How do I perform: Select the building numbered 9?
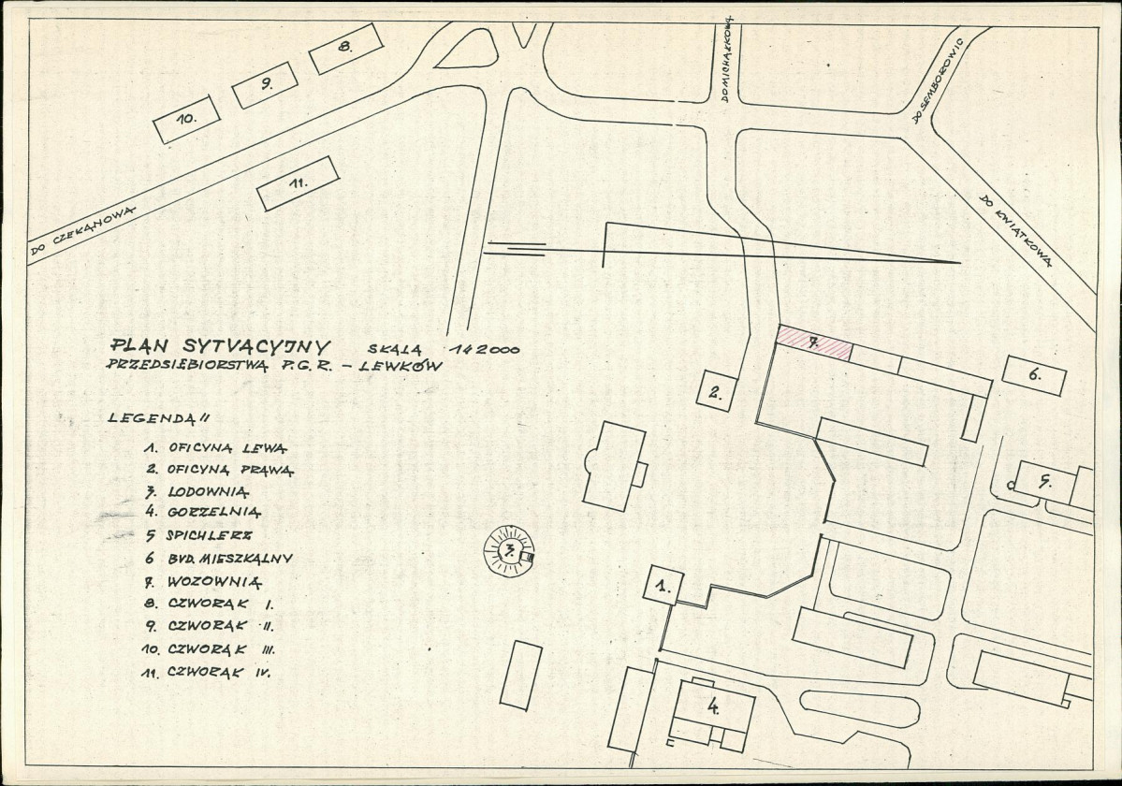click(x=265, y=85)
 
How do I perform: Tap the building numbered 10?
click(x=186, y=120)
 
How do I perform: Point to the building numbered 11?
click(x=298, y=183)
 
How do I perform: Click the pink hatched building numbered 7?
click(x=814, y=344)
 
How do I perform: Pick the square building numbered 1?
click(x=663, y=588)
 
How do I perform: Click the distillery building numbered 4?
click(x=714, y=709)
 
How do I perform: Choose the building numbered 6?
click(x=1034, y=376)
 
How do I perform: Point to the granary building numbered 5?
click(x=1044, y=483)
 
